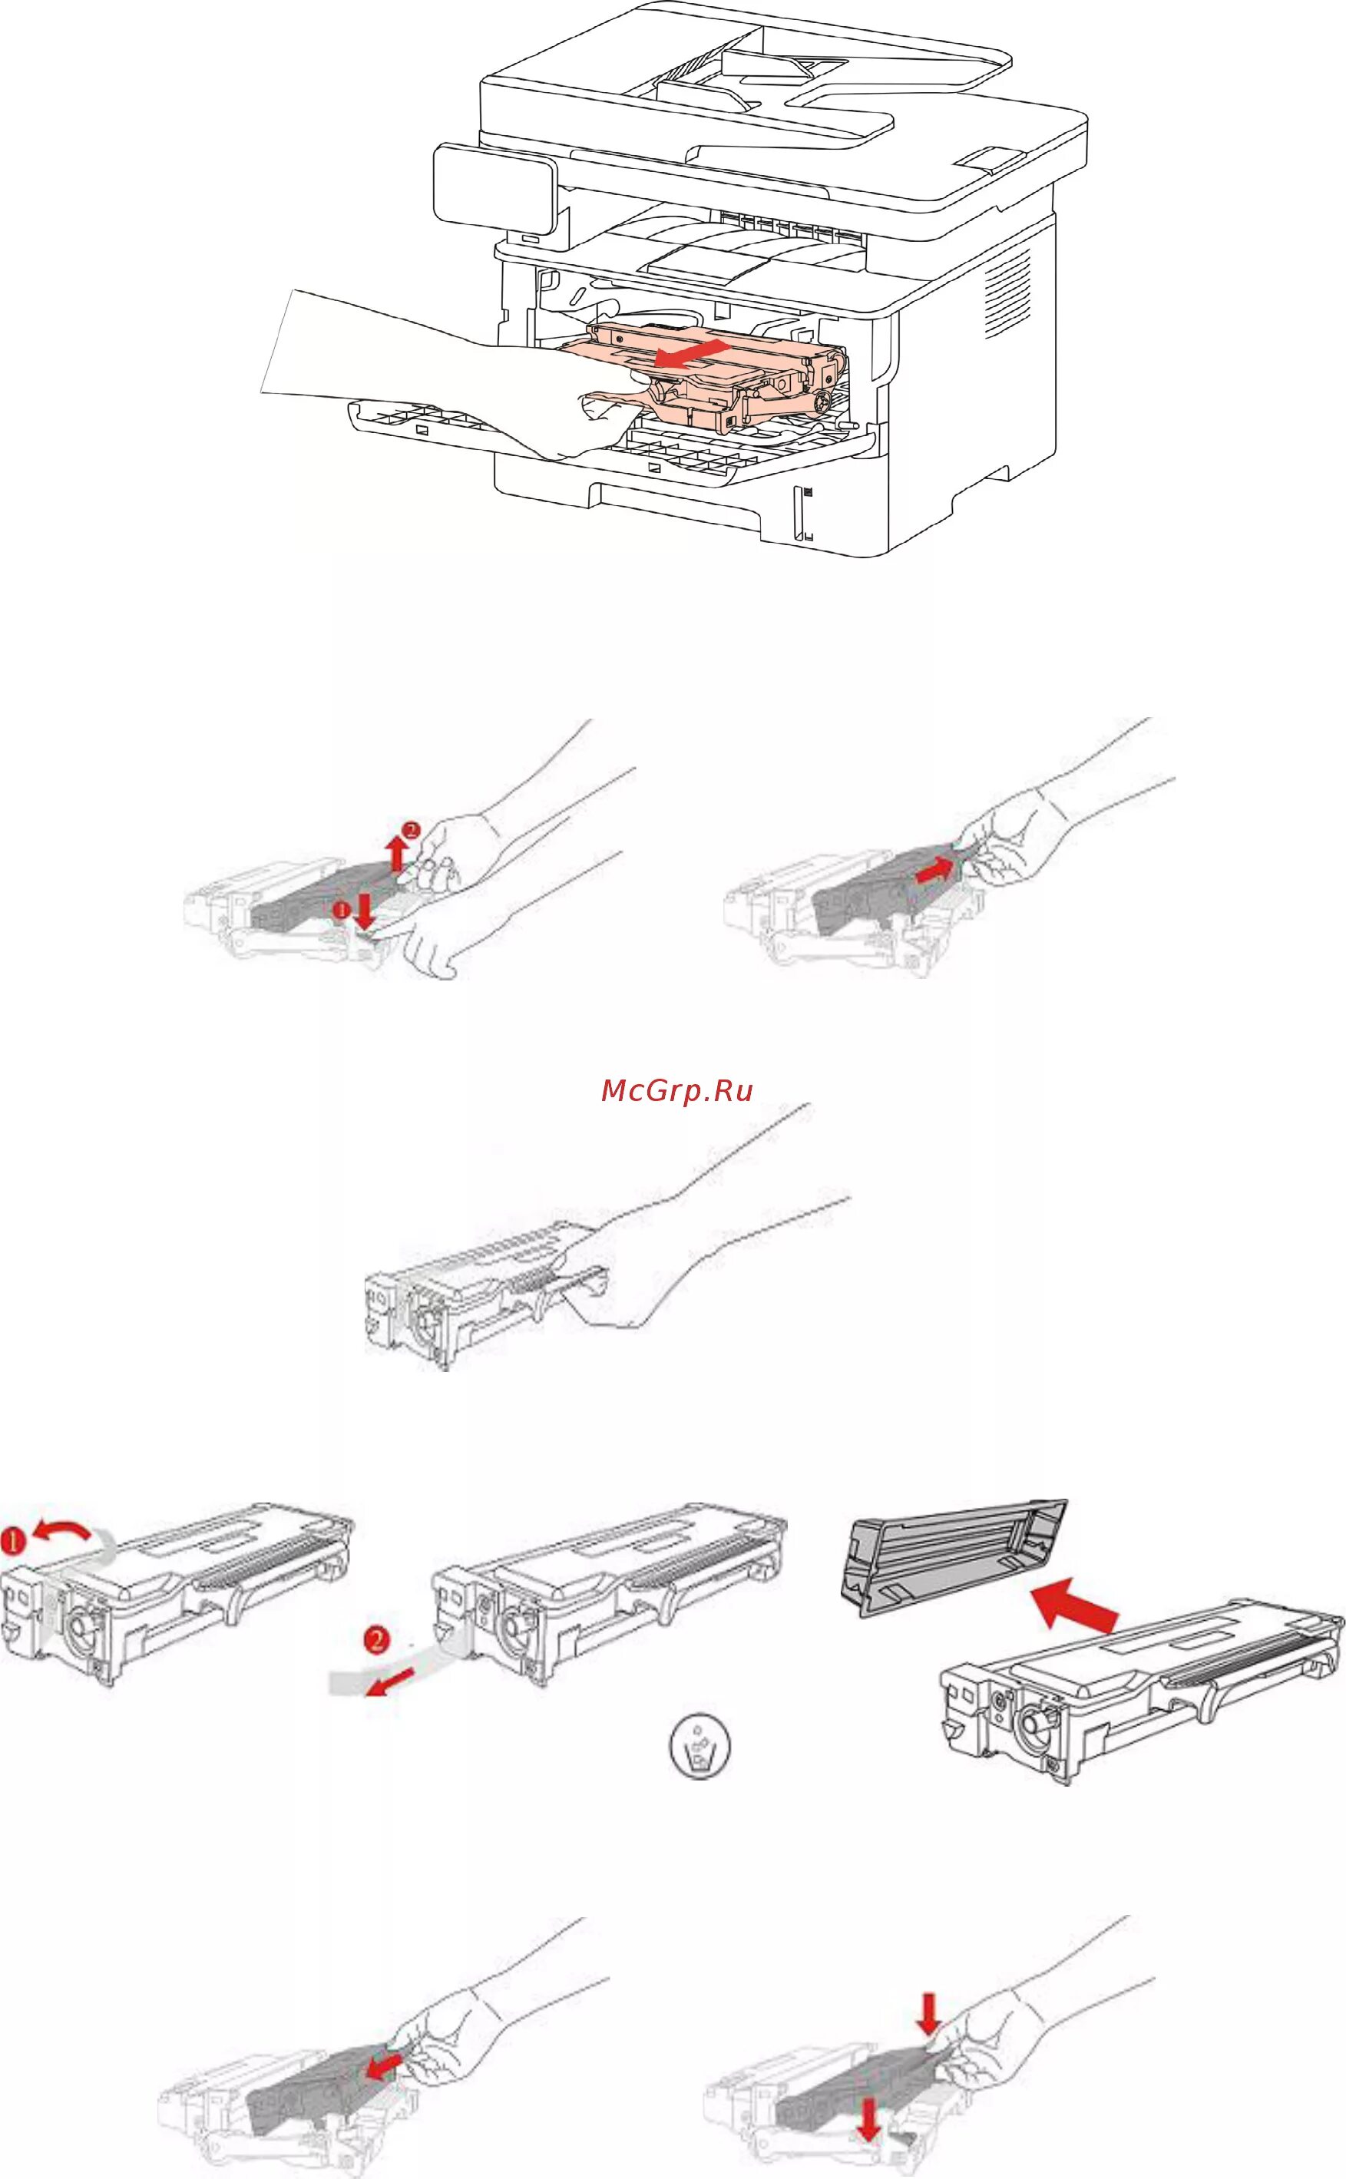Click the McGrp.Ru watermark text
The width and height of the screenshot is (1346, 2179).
click(676, 1090)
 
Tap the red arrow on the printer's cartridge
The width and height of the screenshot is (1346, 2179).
click(690, 353)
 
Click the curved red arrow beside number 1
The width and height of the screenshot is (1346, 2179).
click(61, 1530)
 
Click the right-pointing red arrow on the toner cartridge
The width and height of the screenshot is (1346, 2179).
click(939, 868)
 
